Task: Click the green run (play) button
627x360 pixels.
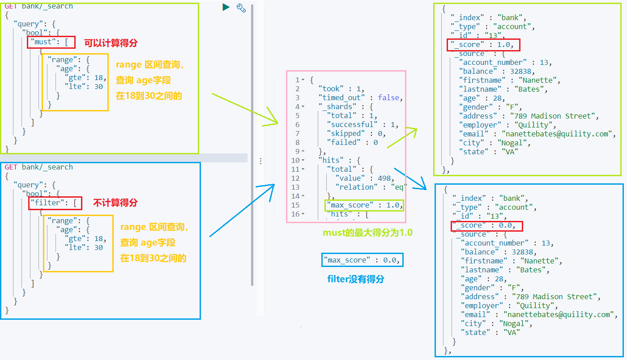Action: point(226,7)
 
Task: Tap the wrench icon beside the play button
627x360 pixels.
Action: point(241,7)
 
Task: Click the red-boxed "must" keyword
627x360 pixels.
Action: point(47,42)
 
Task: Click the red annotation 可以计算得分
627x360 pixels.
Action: point(111,43)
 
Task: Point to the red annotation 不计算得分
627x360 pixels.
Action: point(115,203)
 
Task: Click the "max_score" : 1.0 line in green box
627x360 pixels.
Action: point(364,205)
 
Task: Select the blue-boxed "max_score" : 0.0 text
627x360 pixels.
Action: point(362,260)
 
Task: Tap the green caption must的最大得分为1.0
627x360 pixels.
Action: point(367,233)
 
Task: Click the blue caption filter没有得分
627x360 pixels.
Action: point(356,280)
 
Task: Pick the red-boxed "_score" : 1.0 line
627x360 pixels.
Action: point(483,45)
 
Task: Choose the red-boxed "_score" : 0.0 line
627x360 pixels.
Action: point(486,225)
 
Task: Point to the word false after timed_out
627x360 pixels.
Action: point(389,97)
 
